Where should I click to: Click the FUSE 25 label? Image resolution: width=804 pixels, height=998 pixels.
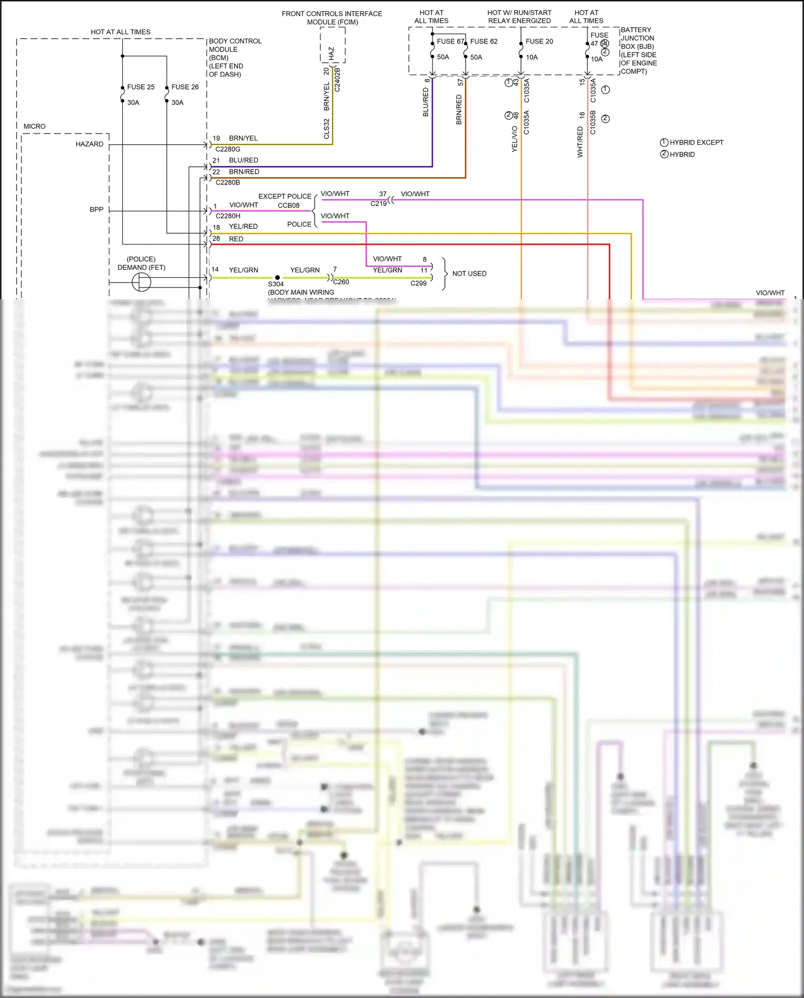(x=140, y=87)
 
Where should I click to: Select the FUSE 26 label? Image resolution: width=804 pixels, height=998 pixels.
(x=185, y=87)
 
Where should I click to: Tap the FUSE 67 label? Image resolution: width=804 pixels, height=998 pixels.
(x=450, y=41)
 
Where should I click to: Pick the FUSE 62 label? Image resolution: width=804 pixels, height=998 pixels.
(x=483, y=41)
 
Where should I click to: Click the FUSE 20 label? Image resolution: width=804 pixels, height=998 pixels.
(x=539, y=41)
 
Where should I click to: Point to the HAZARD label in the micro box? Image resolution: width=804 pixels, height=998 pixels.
(x=90, y=144)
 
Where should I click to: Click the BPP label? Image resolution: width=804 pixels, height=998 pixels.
(x=96, y=210)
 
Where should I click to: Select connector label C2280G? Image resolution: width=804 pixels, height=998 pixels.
(x=228, y=149)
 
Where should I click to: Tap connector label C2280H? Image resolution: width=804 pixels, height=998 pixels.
(x=228, y=216)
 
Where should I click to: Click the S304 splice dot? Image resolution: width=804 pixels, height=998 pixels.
(x=277, y=278)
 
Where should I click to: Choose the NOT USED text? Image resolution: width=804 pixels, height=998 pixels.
(x=469, y=273)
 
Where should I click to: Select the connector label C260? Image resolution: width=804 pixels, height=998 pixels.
(x=341, y=282)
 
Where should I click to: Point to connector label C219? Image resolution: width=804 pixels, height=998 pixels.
(x=378, y=204)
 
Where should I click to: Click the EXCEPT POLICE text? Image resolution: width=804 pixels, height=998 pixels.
(x=285, y=196)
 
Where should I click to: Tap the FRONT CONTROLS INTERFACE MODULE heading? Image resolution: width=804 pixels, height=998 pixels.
(x=332, y=18)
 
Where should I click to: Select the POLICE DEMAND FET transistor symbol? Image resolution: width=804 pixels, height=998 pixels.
(x=142, y=282)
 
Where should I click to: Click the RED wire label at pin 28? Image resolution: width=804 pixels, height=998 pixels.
(x=236, y=239)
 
